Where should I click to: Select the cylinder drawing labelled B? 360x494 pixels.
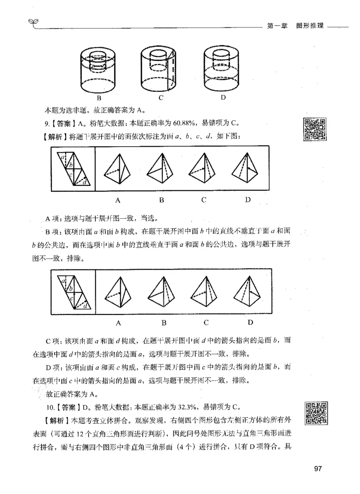point(98,67)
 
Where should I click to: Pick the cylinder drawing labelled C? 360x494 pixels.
point(160,67)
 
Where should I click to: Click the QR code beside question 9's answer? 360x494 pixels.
point(315,129)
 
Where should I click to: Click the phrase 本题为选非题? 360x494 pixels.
point(66,110)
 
